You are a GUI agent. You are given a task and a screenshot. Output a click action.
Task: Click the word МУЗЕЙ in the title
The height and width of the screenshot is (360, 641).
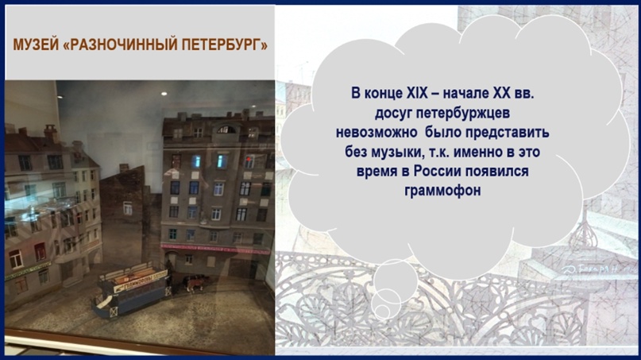[37, 45]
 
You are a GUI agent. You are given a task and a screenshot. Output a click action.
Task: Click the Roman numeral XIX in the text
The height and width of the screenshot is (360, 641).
[417, 93]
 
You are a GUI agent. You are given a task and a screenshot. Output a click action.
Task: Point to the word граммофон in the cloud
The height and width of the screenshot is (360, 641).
[442, 191]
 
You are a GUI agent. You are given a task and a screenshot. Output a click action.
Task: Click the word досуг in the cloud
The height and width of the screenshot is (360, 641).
[393, 114]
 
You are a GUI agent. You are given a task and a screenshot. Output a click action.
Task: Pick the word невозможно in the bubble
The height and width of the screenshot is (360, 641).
[376, 132]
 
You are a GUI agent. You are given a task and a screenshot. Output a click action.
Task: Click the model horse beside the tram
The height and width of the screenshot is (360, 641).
[194, 283]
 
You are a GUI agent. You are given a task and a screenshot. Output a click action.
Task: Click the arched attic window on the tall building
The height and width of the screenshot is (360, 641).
[226, 130]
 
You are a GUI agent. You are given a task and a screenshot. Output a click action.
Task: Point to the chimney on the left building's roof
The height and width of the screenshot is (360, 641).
[51, 134]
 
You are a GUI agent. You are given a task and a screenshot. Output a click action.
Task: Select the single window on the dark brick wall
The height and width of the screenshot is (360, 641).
[128, 208]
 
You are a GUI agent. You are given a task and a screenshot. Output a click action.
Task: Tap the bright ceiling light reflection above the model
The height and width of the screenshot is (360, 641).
[164, 94]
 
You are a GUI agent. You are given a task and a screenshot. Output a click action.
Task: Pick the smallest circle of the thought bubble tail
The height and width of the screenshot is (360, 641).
[382, 311]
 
